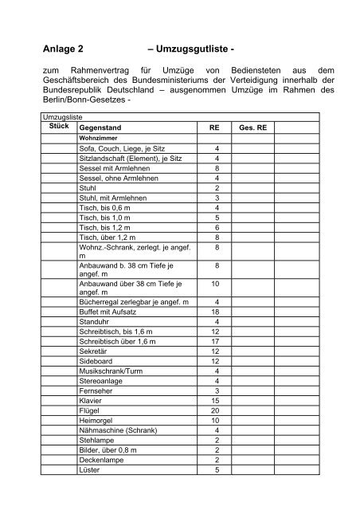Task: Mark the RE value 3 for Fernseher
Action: [x=216, y=391]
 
